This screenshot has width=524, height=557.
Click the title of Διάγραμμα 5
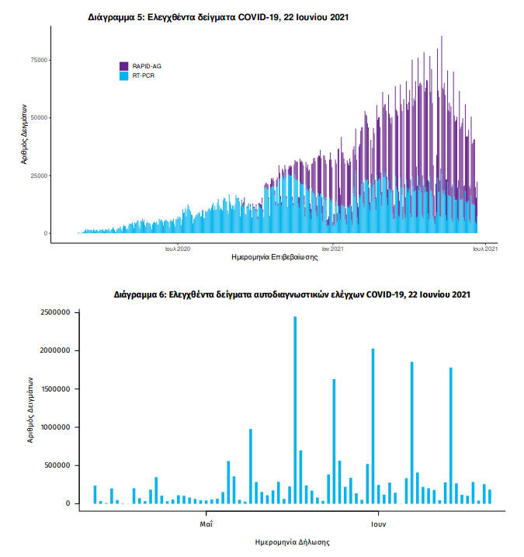click(217, 16)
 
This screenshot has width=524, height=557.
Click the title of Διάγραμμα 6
click(291, 295)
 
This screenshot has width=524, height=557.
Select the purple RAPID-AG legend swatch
click(124, 67)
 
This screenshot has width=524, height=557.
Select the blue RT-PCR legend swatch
click(124, 76)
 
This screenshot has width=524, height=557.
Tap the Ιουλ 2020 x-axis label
click(178, 249)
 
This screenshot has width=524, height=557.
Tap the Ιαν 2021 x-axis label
click(332, 249)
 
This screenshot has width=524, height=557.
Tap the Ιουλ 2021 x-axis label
click(485, 249)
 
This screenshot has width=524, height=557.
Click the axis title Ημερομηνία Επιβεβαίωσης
click(275, 257)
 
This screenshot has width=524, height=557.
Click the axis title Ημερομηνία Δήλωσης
click(292, 541)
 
